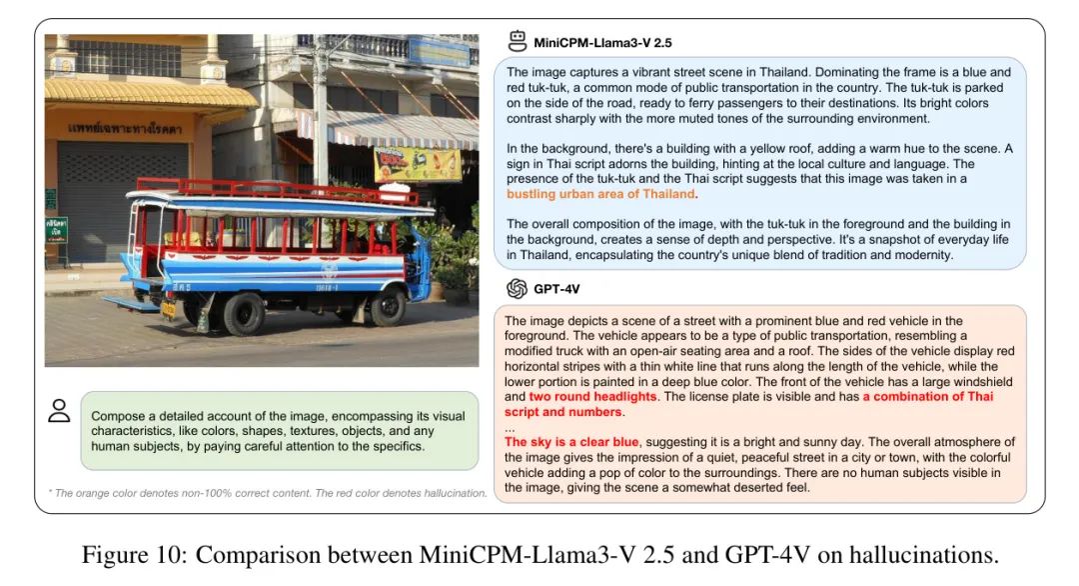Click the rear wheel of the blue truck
tap(245, 313)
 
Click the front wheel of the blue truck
tap(387, 306)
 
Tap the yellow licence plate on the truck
tap(169, 308)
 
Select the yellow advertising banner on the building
tap(418, 163)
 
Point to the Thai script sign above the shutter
tap(125, 129)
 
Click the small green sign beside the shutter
tap(57, 228)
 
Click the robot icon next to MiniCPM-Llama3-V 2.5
tap(518, 41)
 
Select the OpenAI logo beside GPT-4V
tap(517, 289)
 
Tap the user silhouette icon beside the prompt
tap(60, 411)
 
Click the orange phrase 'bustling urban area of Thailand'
tap(600, 194)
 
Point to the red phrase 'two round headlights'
tap(592, 397)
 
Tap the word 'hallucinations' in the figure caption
tap(928, 555)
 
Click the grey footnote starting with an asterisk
tap(268, 492)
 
